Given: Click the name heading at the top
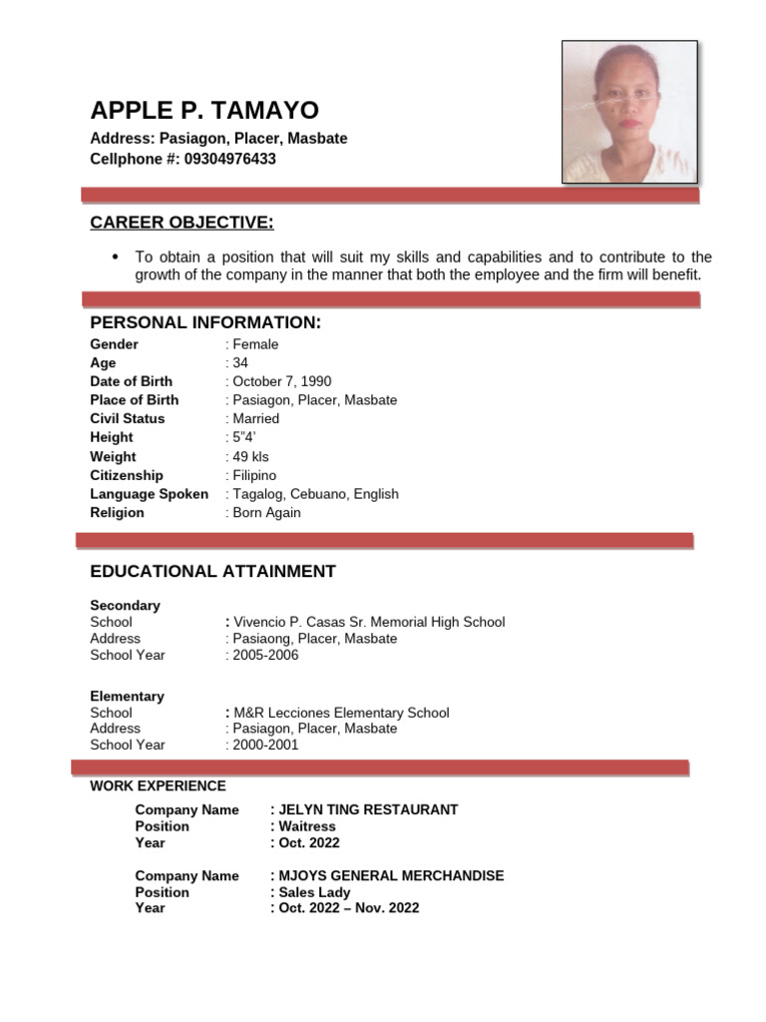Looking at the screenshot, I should click(204, 111).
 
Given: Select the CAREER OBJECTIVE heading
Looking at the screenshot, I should click(182, 222).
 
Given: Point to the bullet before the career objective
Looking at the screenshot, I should click(115, 256).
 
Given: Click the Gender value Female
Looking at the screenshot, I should click(255, 344).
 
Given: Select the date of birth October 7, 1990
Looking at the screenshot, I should click(281, 381).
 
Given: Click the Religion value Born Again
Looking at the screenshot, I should click(266, 513).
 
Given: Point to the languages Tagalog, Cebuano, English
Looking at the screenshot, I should click(315, 494).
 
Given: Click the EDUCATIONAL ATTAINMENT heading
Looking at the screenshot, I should click(212, 571).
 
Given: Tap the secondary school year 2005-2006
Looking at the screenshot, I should click(265, 655).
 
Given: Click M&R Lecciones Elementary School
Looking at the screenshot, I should click(341, 713).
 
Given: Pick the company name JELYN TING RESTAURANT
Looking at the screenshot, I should click(367, 809).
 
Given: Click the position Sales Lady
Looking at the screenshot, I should click(313, 892).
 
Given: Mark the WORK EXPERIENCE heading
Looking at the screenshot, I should click(158, 786).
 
